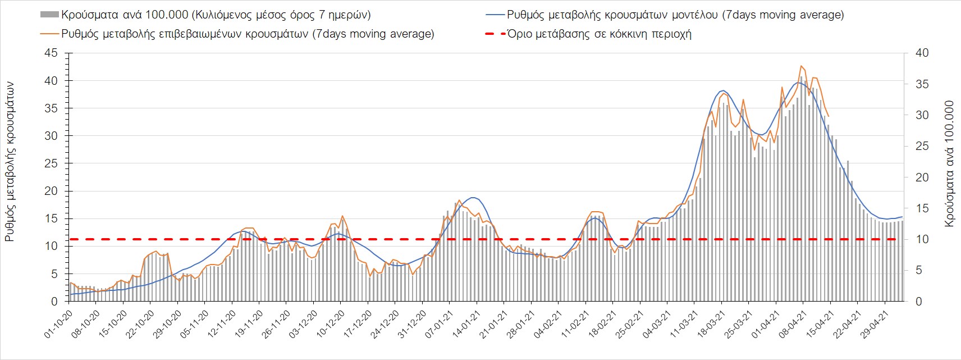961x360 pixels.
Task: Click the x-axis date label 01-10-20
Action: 58,325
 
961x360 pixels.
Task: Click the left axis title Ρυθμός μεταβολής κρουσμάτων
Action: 10,161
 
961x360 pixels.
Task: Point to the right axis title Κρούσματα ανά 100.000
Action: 949,163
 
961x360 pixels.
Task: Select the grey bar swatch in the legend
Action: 50,15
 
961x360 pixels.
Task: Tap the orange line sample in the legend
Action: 50,34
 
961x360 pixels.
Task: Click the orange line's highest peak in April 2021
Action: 802,66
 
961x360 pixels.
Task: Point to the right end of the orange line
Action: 829,116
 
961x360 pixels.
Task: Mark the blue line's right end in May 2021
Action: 902,217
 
